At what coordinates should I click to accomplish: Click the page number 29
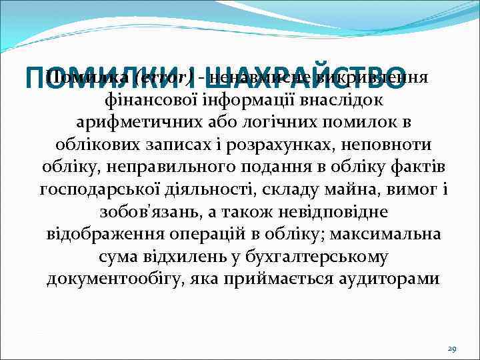[x=451, y=349]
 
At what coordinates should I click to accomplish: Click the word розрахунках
[x=295, y=145]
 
